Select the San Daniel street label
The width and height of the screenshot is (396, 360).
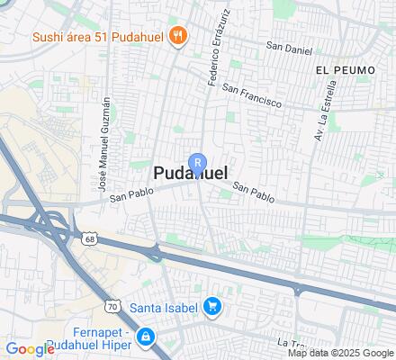point(288,45)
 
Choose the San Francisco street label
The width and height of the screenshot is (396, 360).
point(253,96)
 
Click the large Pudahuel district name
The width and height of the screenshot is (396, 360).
point(190,175)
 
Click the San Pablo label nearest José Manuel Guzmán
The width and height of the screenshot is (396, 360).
point(128,201)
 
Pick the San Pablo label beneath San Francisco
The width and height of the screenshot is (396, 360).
point(253,191)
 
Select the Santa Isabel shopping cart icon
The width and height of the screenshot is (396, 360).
point(211,308)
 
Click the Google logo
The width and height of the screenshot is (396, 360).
point(30,349)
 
